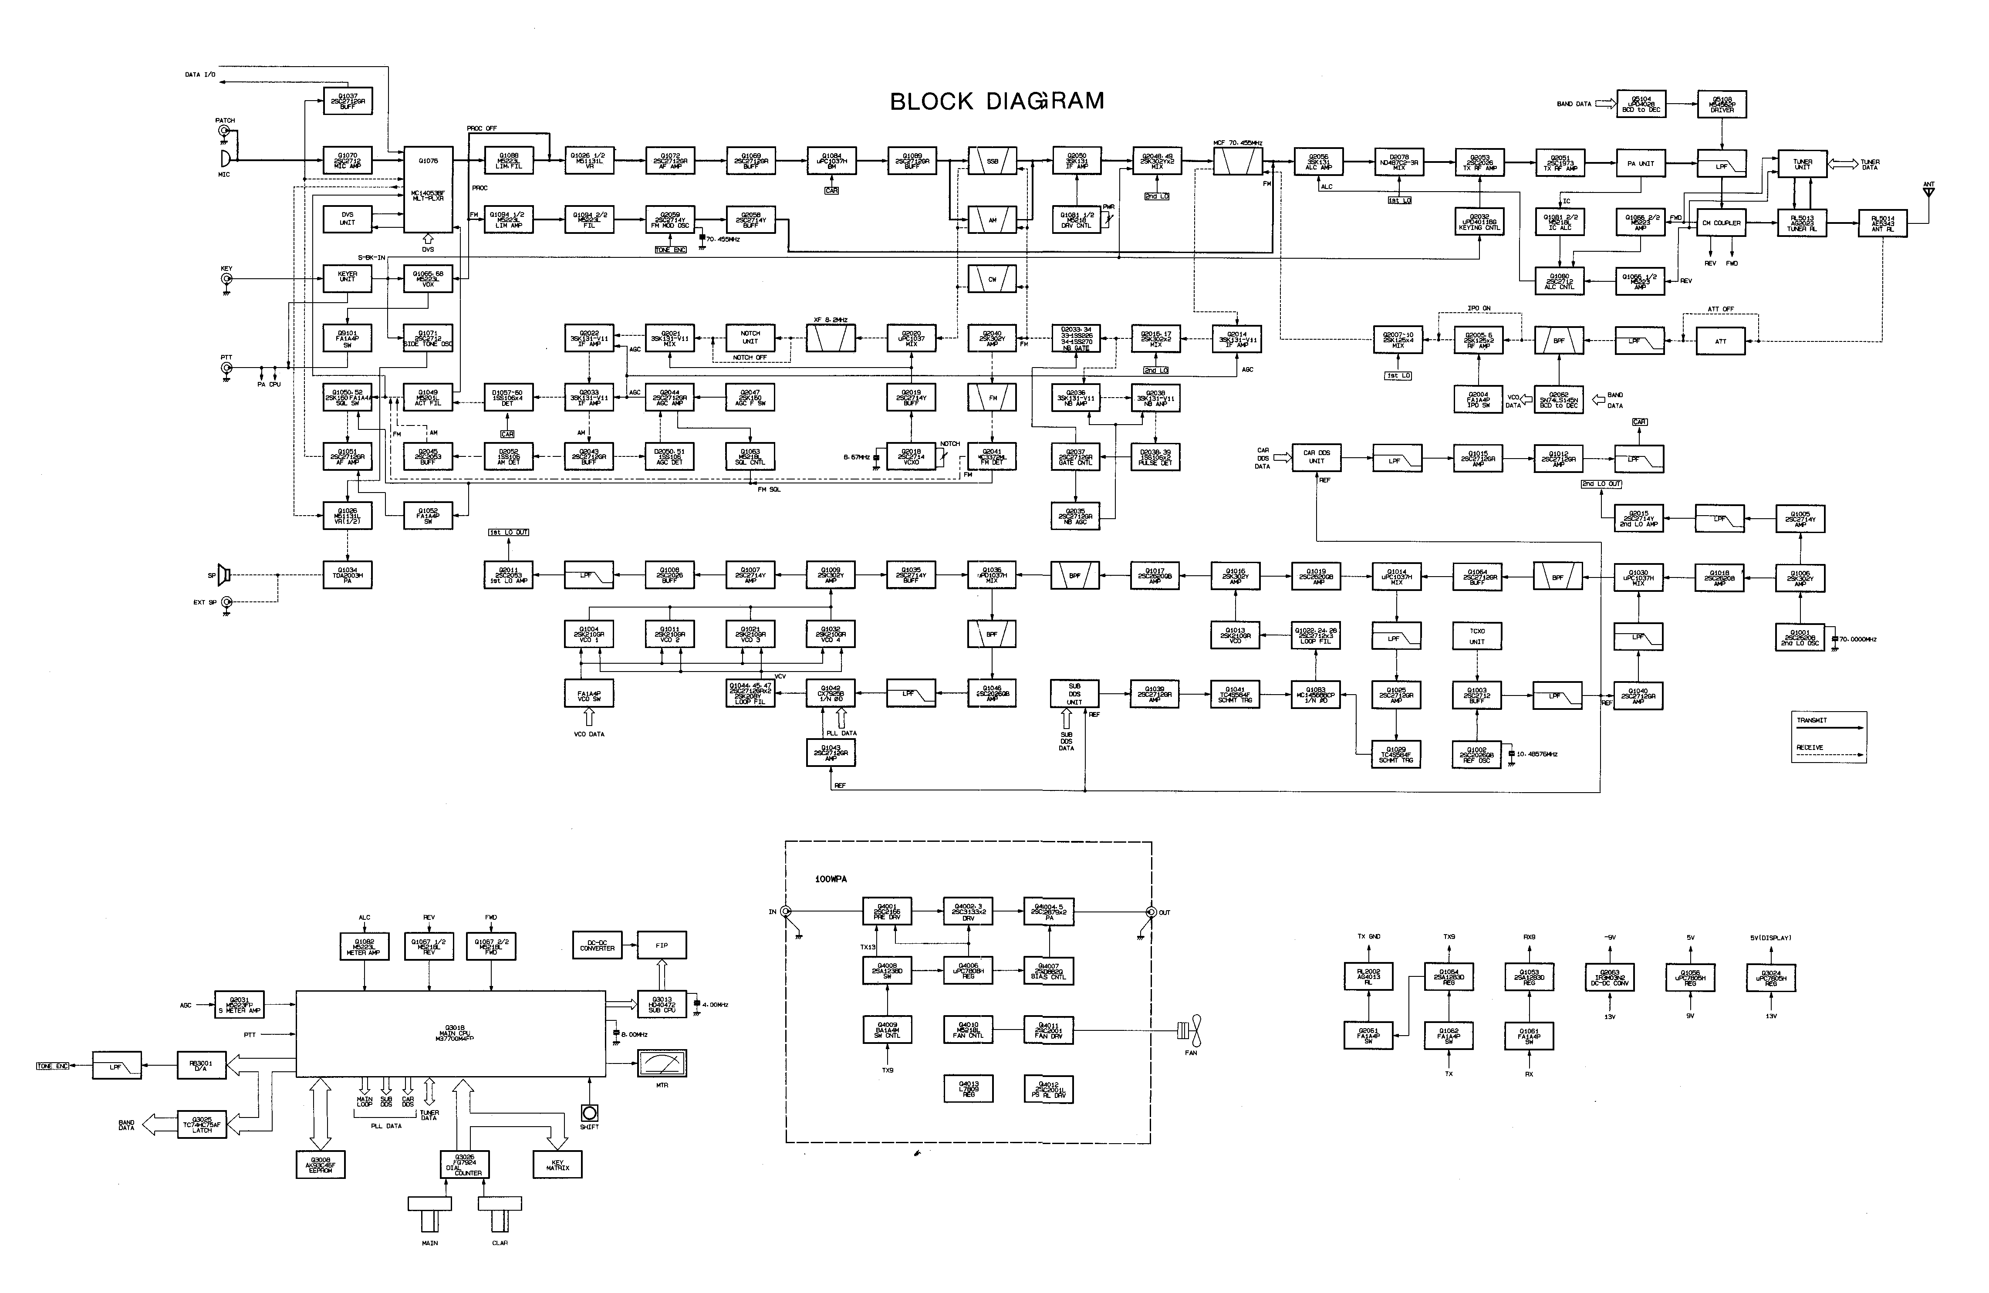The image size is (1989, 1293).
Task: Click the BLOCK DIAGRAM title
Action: [x=996, y=101]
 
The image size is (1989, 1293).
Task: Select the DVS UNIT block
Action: [x=347, y=219]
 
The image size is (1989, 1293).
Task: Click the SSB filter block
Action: [x=992, y=161]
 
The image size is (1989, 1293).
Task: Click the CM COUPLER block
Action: [x=1721, y=223]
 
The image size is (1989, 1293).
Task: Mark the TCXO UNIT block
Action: [x=1477, y=637]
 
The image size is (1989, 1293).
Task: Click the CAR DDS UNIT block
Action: [x=1316, y=457]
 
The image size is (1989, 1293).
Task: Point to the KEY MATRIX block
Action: [x=557, y=1164]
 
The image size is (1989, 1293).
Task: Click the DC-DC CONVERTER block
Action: [x=597, y=945]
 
